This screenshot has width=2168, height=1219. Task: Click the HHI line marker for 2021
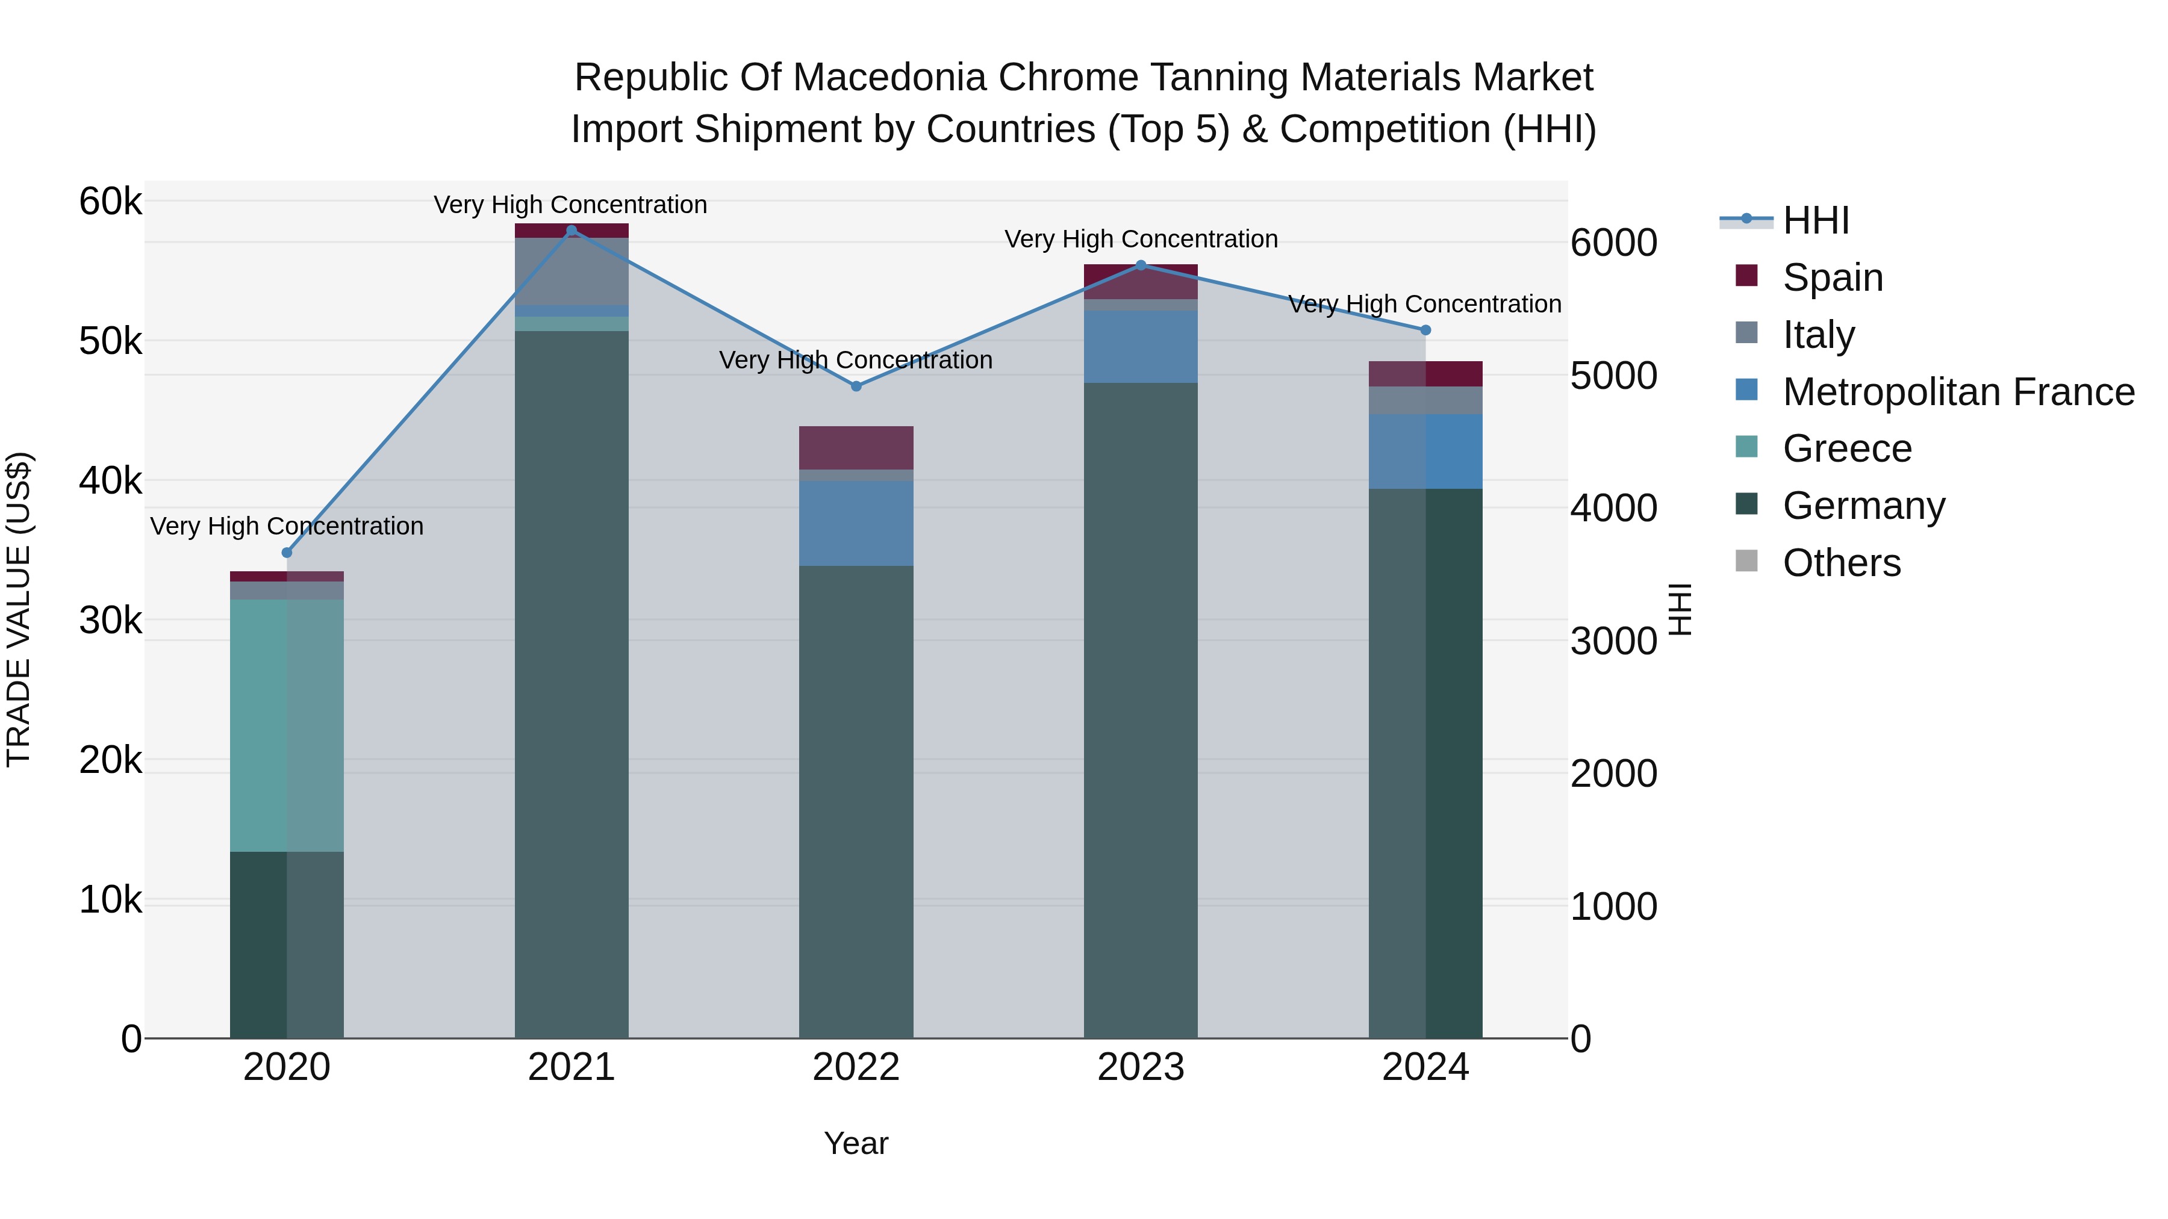(x=572, y=231)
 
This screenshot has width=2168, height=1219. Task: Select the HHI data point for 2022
(x=856, y=386)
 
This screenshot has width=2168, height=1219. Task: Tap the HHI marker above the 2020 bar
(x=287, y=553)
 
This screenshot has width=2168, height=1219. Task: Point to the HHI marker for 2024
(x=1425, y=330)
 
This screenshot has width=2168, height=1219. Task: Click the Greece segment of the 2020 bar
(x=287, y=725)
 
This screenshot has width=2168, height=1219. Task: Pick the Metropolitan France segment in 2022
(x=856, y=523)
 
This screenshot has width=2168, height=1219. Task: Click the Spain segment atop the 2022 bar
(x=856, y=447)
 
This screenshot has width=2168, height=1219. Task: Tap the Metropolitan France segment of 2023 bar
(x=1141, y=347)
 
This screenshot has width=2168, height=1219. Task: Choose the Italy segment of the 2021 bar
(x=572, y=271)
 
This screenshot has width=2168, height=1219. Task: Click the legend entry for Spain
(x=1831, y=278)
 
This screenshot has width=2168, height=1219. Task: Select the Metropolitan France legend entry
(x=1958, y=392)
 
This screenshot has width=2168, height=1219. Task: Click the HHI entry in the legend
(x=1814, y=220)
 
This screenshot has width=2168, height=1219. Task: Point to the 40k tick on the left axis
(x=110, y=481)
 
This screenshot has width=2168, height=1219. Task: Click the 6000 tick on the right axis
(x=1613, y=243)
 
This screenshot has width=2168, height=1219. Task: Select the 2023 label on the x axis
(x=1141, y=1067)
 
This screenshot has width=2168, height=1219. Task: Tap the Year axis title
(x=856, y=1143)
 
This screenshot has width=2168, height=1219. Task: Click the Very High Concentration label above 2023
(x=1141, y=239)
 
